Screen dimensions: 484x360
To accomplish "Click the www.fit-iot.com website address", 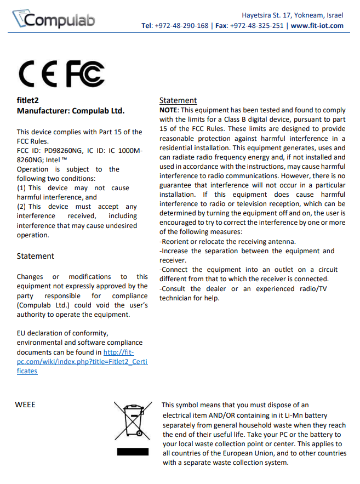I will pos(317,26).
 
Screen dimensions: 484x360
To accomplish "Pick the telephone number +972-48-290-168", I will pos(182,26).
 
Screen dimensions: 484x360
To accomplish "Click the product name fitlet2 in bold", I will pos(27,100).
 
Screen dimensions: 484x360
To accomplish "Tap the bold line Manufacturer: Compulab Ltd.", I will pos(71,110).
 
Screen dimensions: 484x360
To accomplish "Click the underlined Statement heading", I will pos(178,100).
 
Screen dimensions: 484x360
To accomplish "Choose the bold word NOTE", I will pos(168,110).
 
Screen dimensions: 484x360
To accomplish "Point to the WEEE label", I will pos(26,405).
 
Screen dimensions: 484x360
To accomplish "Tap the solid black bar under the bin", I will pos(132,453).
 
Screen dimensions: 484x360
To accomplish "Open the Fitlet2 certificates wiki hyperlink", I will pos(82,362).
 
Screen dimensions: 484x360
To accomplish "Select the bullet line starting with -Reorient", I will pos(227,241).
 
